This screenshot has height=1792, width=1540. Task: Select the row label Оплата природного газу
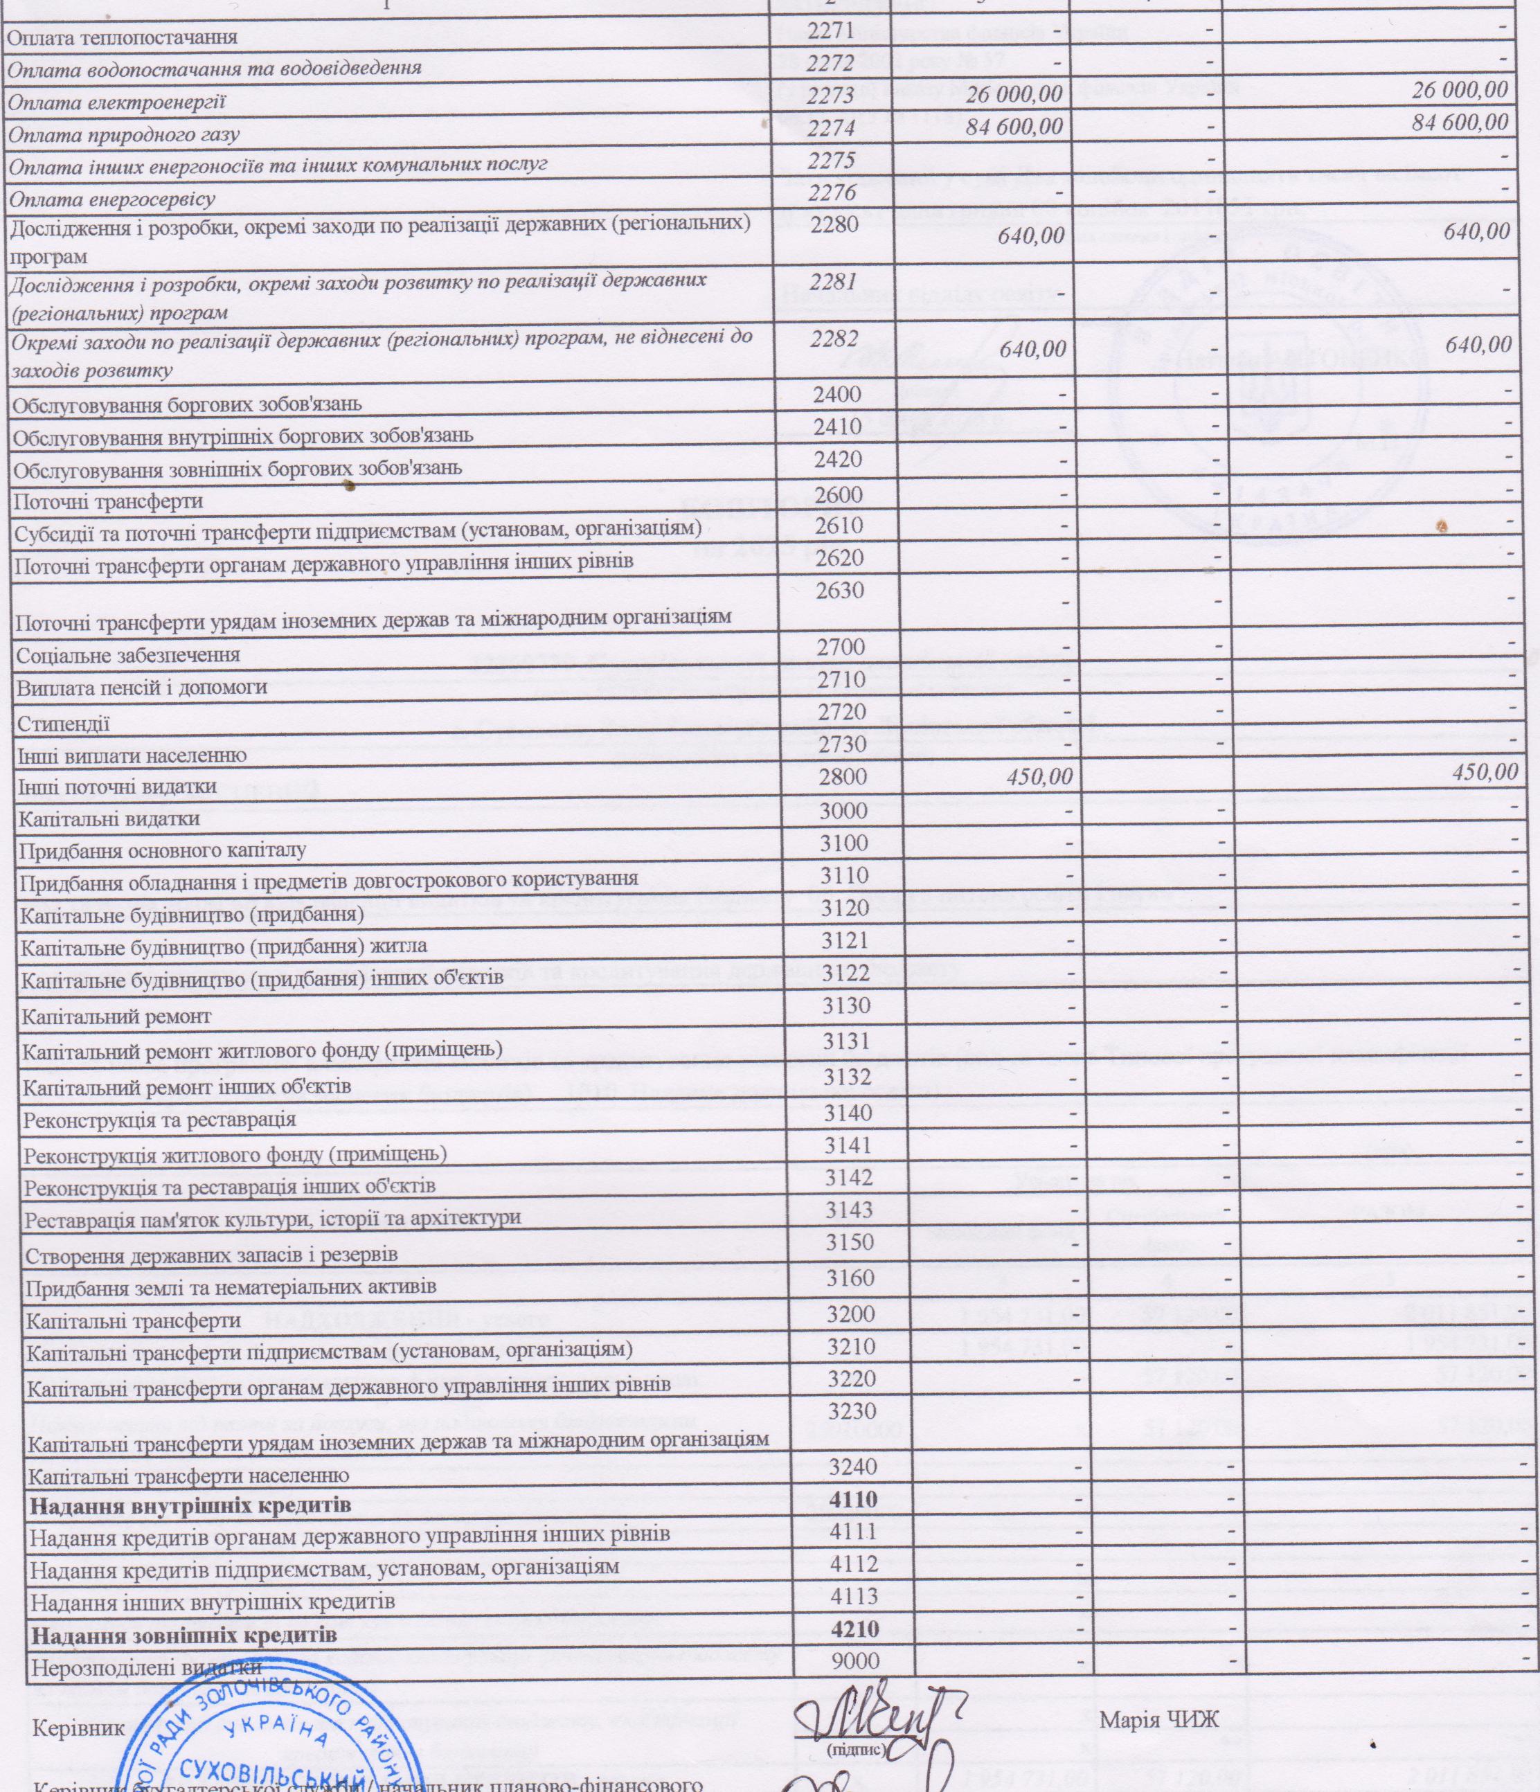(125, 135)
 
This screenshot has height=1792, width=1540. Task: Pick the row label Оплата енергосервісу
(111, 199)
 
